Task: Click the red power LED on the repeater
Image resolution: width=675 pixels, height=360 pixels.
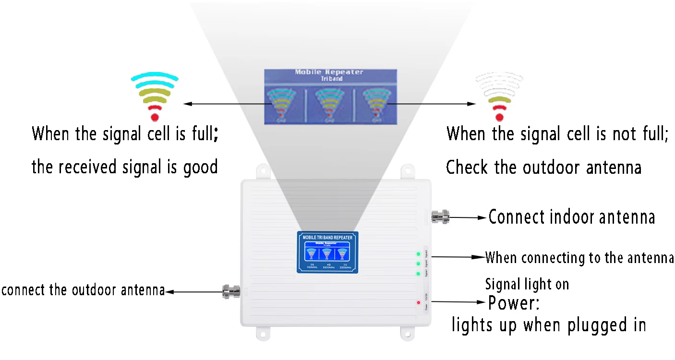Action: [x=419, y=302]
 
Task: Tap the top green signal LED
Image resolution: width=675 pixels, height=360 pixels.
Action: [x=418, y=254]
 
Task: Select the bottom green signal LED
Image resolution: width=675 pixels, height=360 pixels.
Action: [x=418, y=274]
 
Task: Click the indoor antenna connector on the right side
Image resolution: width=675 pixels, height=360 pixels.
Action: [x=440, y=217]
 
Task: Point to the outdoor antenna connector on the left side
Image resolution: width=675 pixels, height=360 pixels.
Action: [x=230, y=291]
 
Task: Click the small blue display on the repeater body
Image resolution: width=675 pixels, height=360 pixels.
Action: [x=327, y=252]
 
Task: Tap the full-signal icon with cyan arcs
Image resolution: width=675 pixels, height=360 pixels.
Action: [x=155, y=96]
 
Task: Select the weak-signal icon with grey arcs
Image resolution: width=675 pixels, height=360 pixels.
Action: [x=499, y=96]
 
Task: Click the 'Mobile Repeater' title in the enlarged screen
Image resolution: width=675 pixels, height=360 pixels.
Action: [x=329, y=72]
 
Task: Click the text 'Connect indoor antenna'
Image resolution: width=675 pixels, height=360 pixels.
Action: [x=571, y=217]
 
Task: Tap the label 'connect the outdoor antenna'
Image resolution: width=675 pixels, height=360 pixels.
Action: [x=83, y=290]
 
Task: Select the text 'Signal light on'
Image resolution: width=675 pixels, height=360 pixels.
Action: [x=527, y=284]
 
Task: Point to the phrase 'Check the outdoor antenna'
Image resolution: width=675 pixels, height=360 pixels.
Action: [x=543, y=168]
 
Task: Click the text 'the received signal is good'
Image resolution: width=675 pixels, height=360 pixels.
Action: [x=125, y=167]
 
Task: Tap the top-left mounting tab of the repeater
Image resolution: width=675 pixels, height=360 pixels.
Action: [x=263, y=172]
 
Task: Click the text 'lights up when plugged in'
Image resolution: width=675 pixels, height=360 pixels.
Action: [x=548, y=325]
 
